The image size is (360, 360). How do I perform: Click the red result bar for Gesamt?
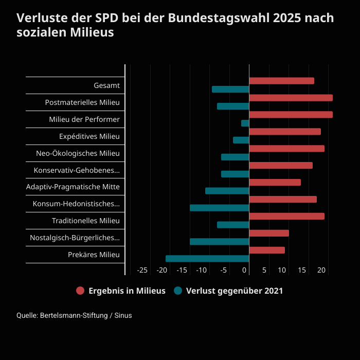(281, 81)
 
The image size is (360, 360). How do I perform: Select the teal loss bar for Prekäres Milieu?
(207, 259)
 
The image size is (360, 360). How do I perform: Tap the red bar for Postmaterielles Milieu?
(291, 98)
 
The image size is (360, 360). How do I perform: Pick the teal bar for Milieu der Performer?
(245, 123)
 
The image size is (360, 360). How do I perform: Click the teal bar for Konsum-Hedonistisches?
(220, 208)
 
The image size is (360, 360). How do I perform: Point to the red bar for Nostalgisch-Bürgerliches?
(269, 233)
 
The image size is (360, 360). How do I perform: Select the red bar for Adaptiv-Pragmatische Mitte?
(275, 182)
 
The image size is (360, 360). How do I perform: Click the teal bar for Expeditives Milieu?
(241, 140)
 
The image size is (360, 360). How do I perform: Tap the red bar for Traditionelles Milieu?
(286, 216)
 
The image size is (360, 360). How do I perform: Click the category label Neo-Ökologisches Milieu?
(78, 153)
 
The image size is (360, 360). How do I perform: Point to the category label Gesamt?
(106, 85)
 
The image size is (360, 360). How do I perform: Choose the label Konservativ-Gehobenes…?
(77, 170)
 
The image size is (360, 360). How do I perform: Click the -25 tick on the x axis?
(142, 270)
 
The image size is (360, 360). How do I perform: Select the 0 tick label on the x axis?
(245, 270)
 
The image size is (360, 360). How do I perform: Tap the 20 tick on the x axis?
(321, 270)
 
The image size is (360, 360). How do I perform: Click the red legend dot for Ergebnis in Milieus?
(80, 291)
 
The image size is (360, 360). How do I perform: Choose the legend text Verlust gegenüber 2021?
(235, 291)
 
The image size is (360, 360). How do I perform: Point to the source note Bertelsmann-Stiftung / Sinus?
(86, 315)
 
